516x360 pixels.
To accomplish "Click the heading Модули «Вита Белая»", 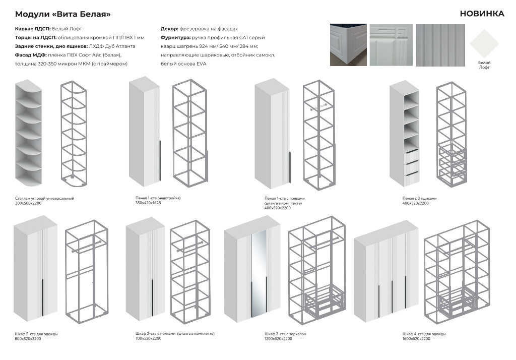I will pyautogui.click(x=63, y=14).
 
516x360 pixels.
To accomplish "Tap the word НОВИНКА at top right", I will pyautogui.click(x=482, y=14).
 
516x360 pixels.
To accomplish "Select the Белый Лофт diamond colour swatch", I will pyautogui.click(x=484, y=44).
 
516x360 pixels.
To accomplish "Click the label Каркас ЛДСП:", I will pyautogui.click(x=33, y=29).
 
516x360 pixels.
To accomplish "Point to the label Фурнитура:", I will pyautogui.click(x=176, y=37).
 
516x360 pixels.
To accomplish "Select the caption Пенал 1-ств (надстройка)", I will pyautogui.click(x=158, y=198).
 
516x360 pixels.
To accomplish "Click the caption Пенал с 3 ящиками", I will pyautogui.click(x=419, y=198).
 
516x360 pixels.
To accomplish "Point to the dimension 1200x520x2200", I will pyautogui.click(x=278, y=339).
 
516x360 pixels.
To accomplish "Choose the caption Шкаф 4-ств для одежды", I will pyautogui.click(x=424, y=334).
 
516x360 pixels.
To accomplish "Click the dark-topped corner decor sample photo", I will pyautogui.click(x=348, y=45).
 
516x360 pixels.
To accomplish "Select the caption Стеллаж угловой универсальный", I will pyautogui.click(x=44, y=198).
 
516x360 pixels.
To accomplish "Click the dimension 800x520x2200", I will pyautogui.click(x=28, y=339).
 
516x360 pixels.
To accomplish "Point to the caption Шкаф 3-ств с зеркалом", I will pyautogui.click(x=285, y=334).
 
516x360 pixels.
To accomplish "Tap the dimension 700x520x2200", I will pyautogui.click(x=149, y=338).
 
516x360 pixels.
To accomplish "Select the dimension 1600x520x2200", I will pyautogui.click(x=416, y=339).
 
